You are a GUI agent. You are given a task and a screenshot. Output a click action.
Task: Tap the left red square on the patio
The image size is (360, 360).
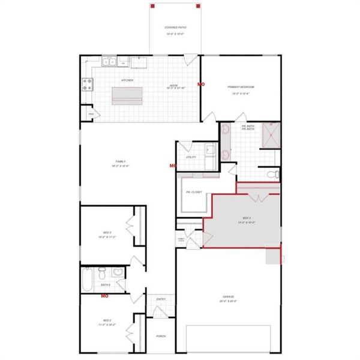click(x=153, y=6)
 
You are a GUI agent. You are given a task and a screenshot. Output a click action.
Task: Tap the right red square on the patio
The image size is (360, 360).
click(x=198, y=6)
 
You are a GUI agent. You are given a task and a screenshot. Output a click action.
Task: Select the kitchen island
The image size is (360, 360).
click(x=127, y=95)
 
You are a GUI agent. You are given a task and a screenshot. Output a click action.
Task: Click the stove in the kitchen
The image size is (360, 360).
click(x=86, y=84)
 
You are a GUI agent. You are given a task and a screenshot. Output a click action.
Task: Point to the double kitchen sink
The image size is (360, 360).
click(x=109, y=61)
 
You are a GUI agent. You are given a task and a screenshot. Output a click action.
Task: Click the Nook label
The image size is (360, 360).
click(x=174, y=86)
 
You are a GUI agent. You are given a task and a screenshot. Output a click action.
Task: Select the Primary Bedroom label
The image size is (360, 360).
click(x=238, y=88)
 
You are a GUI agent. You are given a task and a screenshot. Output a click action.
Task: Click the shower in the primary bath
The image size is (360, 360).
click(x=270, y=136)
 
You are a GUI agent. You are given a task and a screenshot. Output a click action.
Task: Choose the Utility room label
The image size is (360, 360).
click(x=191, y=157)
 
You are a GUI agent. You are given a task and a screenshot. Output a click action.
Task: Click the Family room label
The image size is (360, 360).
click(x=120, y=161)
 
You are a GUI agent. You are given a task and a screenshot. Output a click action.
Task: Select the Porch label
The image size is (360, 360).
click(x=161, y=336)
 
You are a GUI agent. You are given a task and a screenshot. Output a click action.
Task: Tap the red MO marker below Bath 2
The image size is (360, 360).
click(x=104, y=296)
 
